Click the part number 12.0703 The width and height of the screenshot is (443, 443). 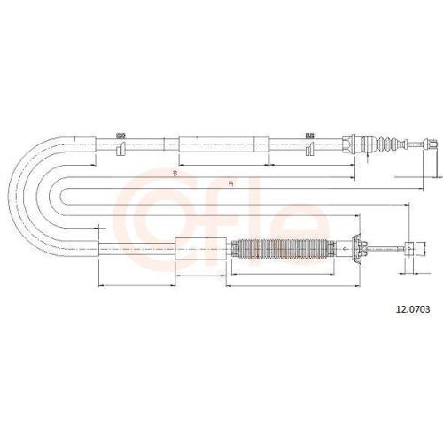click(413, 309)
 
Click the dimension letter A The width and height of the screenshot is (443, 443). click(231, 183)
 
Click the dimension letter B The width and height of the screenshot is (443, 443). click(175, 174)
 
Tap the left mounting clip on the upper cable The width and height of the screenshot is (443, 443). click(120, 144)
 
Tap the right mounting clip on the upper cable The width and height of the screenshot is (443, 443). click(309, 144)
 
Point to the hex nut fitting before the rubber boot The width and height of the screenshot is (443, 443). click(349, 144)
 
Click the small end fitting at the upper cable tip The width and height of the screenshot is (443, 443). click(429, 144)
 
